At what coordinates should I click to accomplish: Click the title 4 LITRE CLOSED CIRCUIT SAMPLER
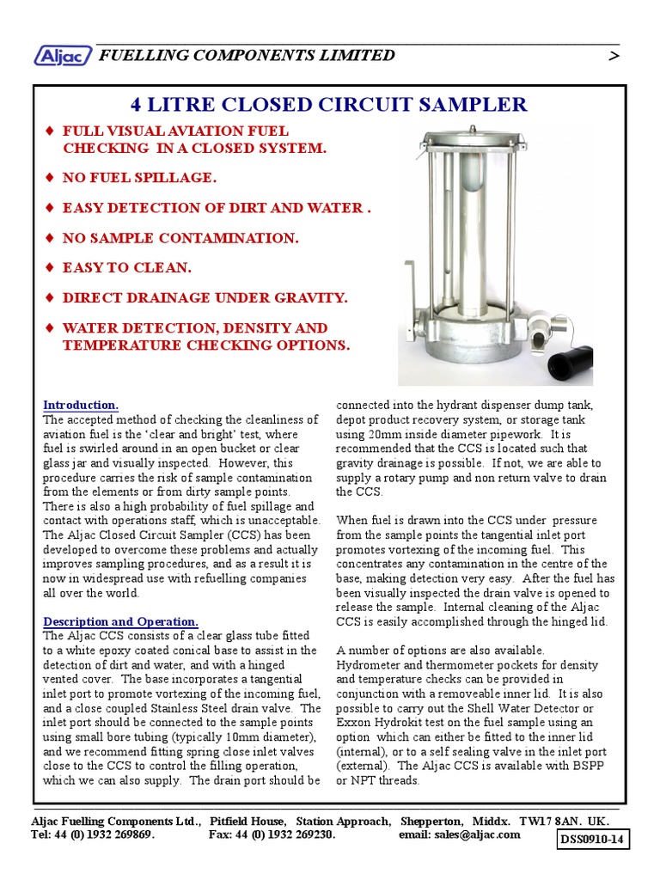(328, 105)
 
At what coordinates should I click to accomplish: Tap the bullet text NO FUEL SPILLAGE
(139, 178)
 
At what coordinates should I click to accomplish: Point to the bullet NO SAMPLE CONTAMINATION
(180, 238)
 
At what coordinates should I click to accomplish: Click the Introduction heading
(81, 405)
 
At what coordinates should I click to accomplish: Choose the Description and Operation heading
(121, 621)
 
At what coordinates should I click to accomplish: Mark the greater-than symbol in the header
(613, 56)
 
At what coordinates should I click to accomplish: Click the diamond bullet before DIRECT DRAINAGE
(50, 297)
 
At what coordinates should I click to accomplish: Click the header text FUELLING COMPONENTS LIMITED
(247, 56)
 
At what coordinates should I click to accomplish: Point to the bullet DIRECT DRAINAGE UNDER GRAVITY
(205, 297)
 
